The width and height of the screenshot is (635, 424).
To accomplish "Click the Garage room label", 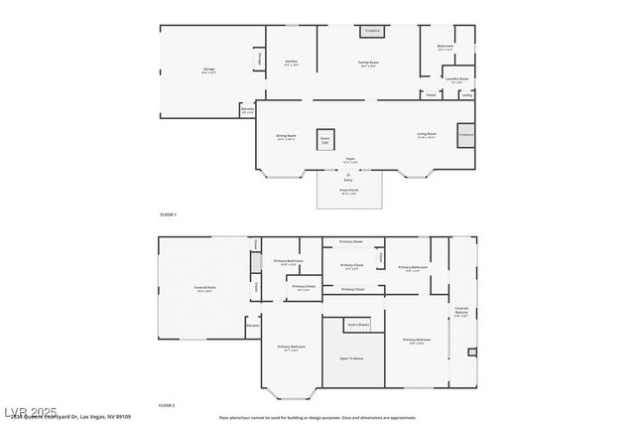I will (208, 70).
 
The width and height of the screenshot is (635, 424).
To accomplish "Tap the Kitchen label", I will (292, 62).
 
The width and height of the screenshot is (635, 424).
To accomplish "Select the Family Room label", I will (369, 62).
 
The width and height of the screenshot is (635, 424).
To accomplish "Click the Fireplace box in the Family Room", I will (372, 32).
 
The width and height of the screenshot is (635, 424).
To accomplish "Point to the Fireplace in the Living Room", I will (465, 135).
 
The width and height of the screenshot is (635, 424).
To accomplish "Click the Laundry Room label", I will (456, 78).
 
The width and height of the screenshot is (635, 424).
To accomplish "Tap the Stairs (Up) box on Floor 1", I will (324, 140).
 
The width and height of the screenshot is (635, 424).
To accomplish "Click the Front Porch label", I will (349, 190).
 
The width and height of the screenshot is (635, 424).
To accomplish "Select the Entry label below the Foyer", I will (349, 179).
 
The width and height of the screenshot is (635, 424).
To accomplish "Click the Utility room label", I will (466, 96).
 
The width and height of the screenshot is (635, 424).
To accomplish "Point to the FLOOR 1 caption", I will (168, 214).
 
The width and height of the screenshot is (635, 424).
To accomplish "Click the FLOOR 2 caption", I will (167, 406).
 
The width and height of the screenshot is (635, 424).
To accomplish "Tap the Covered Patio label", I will (204, 288).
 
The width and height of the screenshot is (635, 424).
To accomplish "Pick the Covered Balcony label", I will (461, 311).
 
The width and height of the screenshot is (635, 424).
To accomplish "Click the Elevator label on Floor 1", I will (247, 111).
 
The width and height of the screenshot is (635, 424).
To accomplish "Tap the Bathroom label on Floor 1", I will (445, 47).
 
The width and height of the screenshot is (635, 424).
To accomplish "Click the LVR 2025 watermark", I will (30, 411).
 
